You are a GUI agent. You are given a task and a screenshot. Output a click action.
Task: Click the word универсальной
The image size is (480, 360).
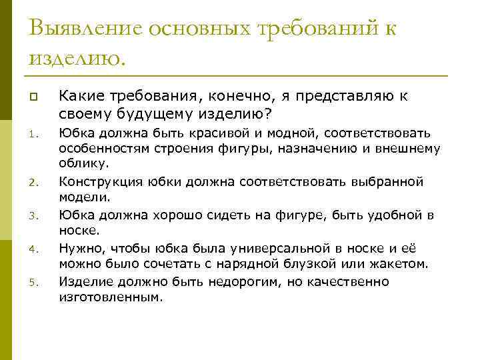(x=269, y=248)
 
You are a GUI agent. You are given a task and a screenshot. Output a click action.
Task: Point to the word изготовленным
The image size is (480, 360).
(x=111, y=298)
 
